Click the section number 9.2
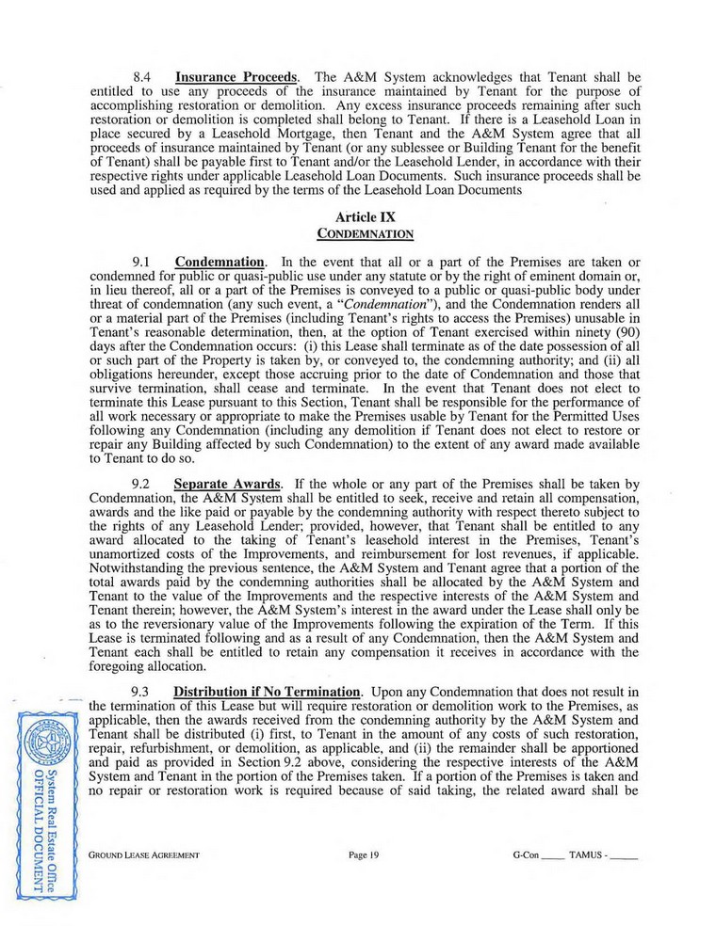pos(143,497)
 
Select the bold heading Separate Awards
pos(231,497)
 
